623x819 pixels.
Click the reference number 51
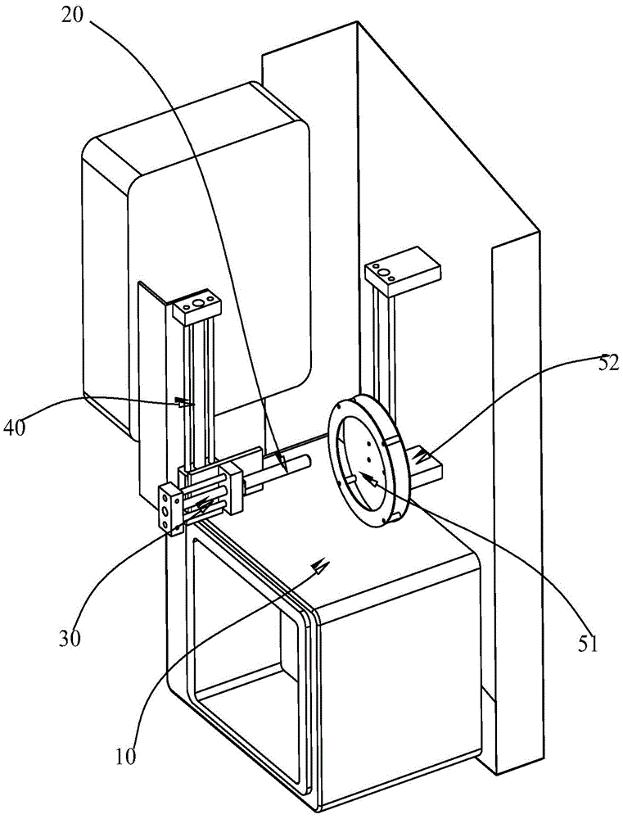[x=588, y=644]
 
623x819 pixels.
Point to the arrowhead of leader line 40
[x=181, y=402]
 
